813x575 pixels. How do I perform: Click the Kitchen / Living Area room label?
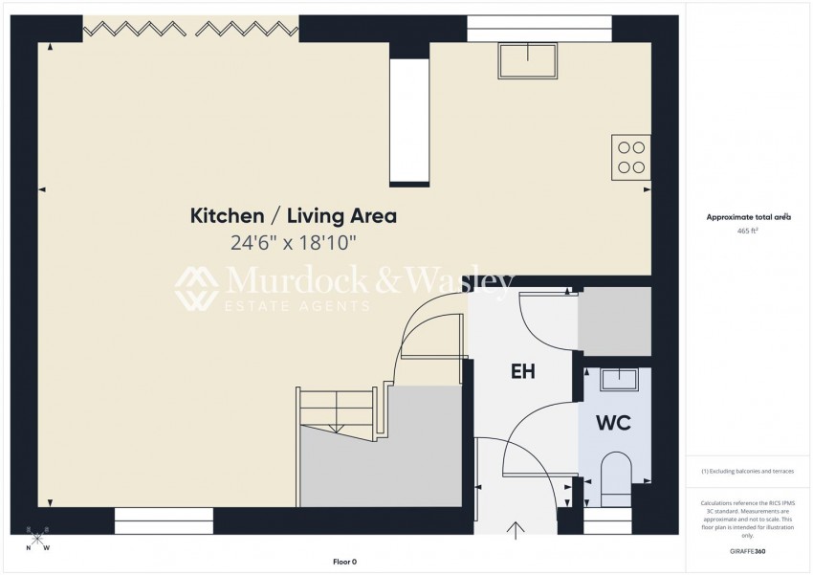pyautogui.click(x=294, y=216)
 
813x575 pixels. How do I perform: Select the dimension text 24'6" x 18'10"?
pyautogui.click(x=294, y=243)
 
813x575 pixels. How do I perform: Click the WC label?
pyautogui.click(x=613, y=423)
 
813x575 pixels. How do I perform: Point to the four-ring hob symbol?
pyautogui.click(x=631, y=157)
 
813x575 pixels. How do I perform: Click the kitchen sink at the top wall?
pyautogui.click(x=528, y=60)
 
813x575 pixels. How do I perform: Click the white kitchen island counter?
pyautogui.click(x=409, y=122)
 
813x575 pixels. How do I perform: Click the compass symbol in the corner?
pyautogui.click(x=37, y=541)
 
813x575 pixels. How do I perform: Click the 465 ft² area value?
pyautogui.click(x=747, y=232)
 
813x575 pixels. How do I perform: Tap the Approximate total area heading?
pyautogui.click(x=748, y=217)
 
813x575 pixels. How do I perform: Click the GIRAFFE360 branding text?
pyautogui.click(x=747, y=551)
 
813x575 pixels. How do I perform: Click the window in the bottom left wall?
pyautogui.click(x=164, y=520)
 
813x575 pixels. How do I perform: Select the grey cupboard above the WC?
pyautogui.click(x=614, y=321)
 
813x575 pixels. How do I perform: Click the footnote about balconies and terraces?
pyautogui.click(x=747, y=472)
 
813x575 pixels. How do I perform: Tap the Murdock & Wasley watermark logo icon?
pyautogui.click(x=196, y=289)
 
